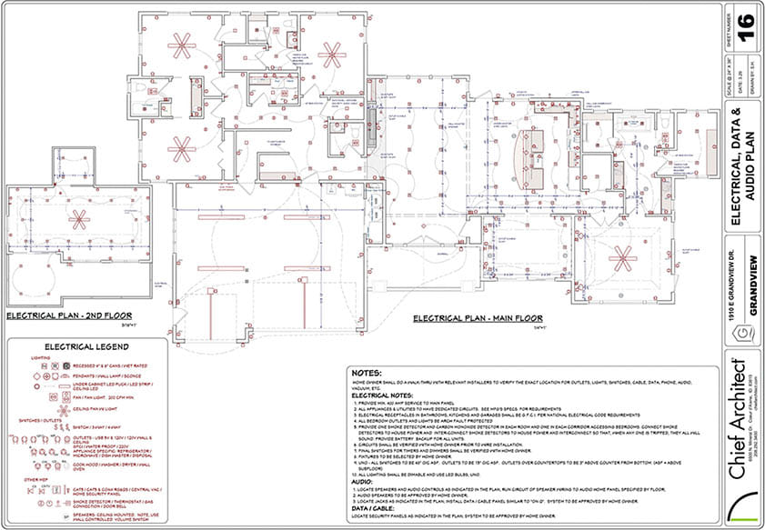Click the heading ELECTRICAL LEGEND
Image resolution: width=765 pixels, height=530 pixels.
(x=86, y=346)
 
